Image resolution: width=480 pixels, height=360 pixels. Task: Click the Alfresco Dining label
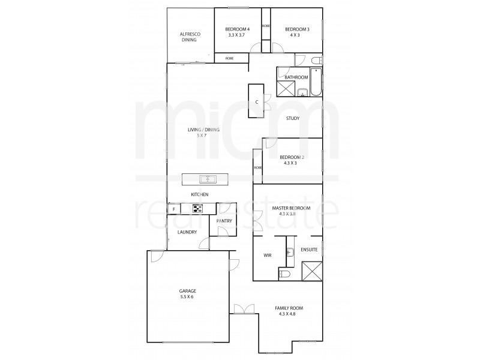pyautogui.click(x=190, y=37)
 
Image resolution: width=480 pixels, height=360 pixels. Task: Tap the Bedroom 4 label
pyautogui.click(x=237, y=32)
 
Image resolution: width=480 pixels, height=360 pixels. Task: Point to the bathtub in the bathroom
pyautogui.click(x=316, y=83)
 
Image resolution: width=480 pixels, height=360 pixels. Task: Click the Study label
pyautogui.click(x=292, y=118)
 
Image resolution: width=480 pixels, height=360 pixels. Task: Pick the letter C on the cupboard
pyautogui.click(x=257, y=102)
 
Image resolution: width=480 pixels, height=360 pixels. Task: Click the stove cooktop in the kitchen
pyautogui.click(x=198, y=209)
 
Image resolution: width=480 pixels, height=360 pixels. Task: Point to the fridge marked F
pyautogui.click(x=173, y=209)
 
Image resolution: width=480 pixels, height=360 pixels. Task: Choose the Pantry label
pyautogui.click(x=224, y=221)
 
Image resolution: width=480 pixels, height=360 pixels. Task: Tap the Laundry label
pyautogui.click(x=187, y=232)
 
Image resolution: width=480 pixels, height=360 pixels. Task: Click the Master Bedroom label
pyautogui.click(x=291, y=210)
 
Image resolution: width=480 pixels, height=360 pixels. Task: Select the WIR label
pyautogui.click(x=268, y=256)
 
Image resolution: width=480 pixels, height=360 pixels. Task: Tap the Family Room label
pyautogui.click(x=289, y=311)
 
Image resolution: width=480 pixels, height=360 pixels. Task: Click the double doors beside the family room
pyautogui.click(x=243, y=308)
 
